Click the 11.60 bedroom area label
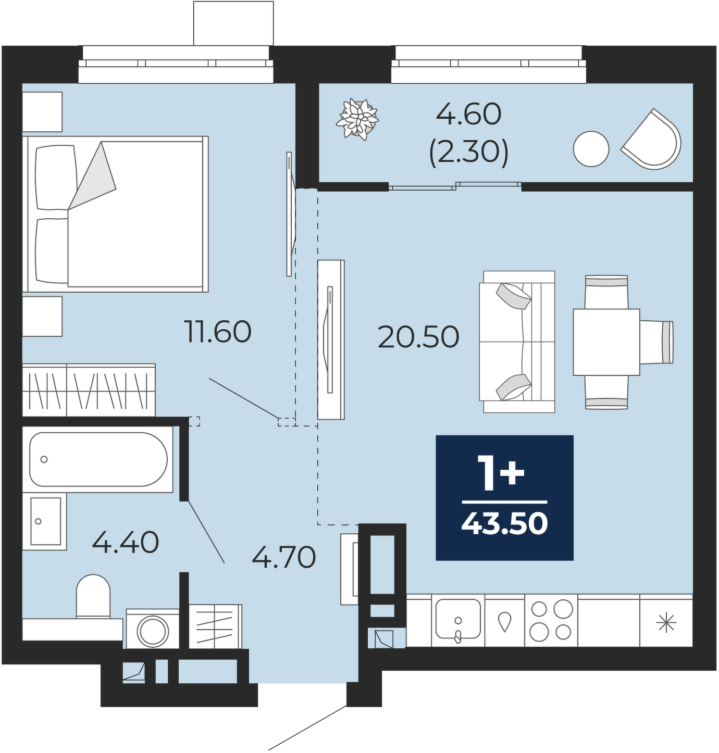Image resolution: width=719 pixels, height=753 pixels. coord(218,331)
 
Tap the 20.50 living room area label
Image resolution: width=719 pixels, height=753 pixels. coord(418,337)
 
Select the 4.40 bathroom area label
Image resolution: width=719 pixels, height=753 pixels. coord(126,542)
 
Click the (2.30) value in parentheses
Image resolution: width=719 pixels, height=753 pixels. coord(469,152)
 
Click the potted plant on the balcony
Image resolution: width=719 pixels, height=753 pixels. coord(357,119)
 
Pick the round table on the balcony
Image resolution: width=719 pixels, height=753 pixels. coord(591,149)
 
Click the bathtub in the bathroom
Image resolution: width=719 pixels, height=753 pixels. coord(98,459)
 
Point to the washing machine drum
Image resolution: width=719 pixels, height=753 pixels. coord(153,631)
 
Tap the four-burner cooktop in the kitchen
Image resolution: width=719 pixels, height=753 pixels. coord(551,620)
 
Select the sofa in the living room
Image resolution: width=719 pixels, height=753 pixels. coord(517,342)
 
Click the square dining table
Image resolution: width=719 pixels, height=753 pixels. coord(606,342)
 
